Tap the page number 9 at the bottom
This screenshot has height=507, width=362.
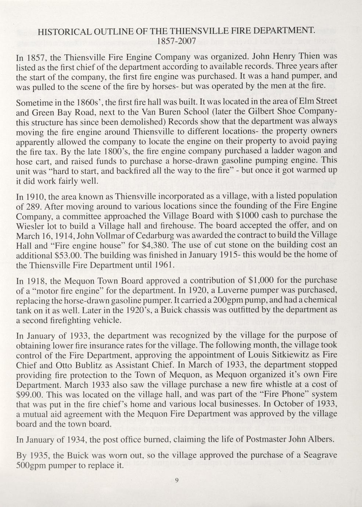[177, 478]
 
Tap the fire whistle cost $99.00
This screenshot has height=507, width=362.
[29, 395]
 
